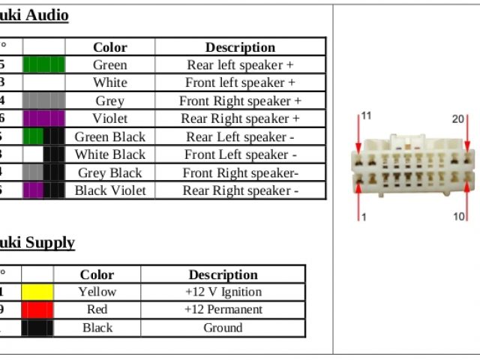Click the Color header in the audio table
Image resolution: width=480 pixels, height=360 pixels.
pos(109,47)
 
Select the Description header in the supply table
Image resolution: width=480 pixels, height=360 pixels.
pos(223,274)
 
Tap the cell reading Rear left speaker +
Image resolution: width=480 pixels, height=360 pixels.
pos(240,65)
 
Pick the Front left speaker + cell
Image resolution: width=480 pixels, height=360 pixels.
pos(240,82)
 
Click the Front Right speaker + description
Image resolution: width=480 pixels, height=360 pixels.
pos(240,100)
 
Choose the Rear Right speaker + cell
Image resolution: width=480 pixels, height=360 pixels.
pos(240,118)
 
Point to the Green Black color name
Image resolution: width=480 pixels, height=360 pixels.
pos(109,136)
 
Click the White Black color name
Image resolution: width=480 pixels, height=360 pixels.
pos(109,154)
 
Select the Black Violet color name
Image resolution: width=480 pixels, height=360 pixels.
pos(109,190)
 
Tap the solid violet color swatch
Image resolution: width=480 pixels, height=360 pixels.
pos(43,118)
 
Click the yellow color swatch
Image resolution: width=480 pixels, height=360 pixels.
pos(37,292)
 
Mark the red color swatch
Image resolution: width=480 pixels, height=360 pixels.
pos(37,310)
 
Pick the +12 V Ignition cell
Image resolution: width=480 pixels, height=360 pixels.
pos(223,292)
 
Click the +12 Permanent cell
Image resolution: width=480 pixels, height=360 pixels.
pos(223,310)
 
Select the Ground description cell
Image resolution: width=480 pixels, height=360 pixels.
pos(223,328)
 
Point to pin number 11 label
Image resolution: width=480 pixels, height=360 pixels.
pos(366,116)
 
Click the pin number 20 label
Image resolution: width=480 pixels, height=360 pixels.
pos(457,119)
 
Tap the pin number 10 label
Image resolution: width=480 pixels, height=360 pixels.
pos(458,217)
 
